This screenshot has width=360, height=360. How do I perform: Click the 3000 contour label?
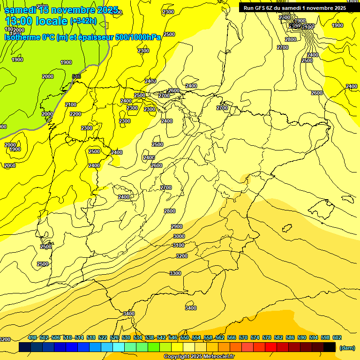point(179,236)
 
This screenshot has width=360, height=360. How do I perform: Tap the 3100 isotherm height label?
point(179,245)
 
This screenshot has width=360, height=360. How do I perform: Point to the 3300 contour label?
point(175,273)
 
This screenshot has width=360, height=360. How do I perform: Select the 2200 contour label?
point(75,114)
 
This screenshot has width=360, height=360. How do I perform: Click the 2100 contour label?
point(71,105)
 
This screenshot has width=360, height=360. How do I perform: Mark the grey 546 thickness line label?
point(76,76)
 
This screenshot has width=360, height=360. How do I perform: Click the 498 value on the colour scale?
point(32,337)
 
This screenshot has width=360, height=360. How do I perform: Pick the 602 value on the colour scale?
point(337,337)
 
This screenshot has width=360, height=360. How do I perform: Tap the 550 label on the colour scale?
point(185,337)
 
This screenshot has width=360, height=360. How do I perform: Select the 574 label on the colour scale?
point(255,337)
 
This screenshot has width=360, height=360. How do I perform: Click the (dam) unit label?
point(347,348)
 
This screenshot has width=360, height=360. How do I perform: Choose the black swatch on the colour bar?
point(330,347)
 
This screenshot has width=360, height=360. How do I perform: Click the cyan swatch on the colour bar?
point(119,347)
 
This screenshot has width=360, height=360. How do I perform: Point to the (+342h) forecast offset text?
point(83,21)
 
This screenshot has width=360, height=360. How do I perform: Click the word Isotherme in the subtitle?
point(22,37)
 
